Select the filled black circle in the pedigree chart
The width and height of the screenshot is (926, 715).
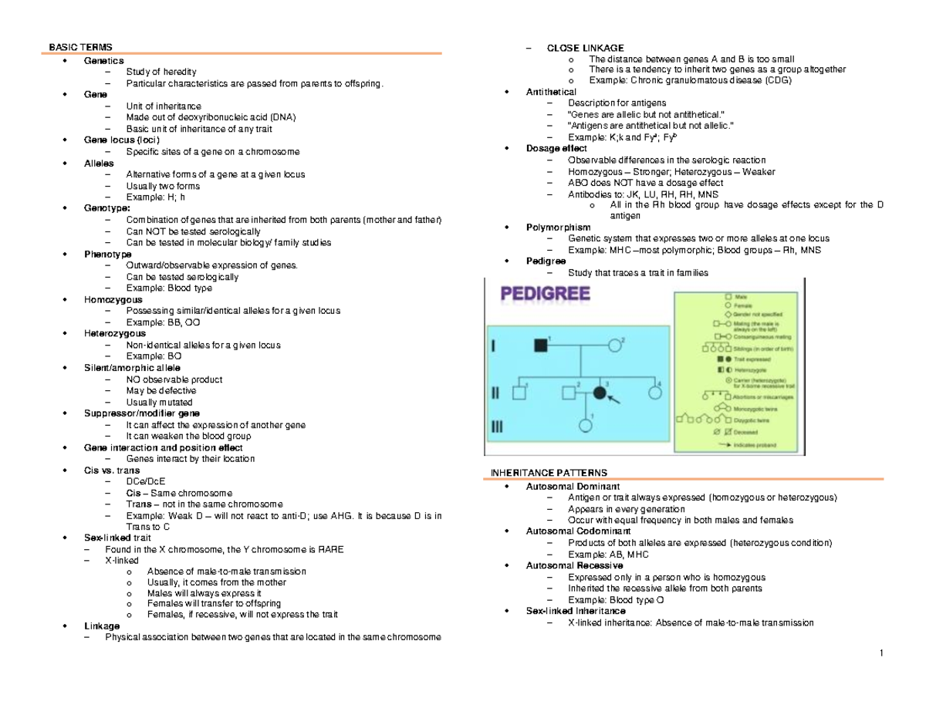(600, 393)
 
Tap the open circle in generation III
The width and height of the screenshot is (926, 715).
(585, 425)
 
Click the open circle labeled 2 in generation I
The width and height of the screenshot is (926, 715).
(615, 346)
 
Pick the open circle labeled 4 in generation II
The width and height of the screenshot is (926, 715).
(655, 393)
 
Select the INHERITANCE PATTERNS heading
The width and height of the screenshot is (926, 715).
(545, 472)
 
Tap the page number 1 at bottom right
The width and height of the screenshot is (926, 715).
(880, 655)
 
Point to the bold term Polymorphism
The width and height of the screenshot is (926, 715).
(558, 228)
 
